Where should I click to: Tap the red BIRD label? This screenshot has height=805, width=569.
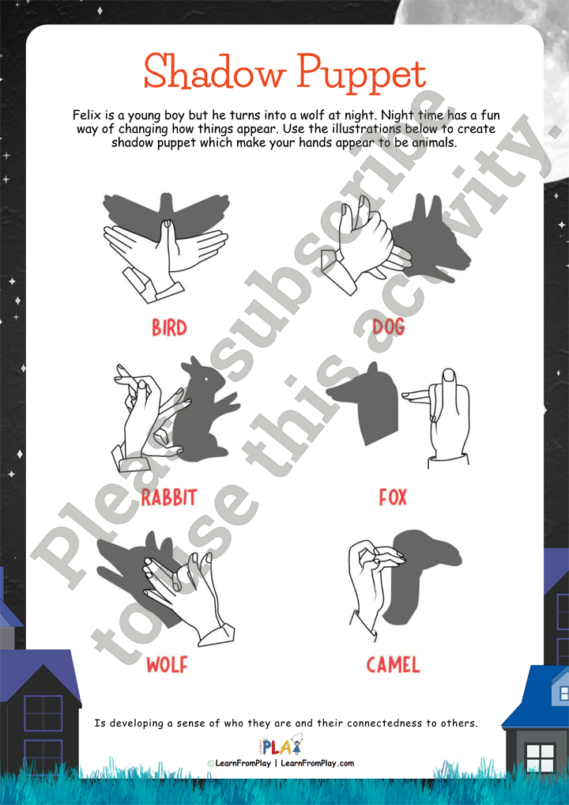click(x=169, y=327)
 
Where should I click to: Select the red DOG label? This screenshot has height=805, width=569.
click(x=388, y=327)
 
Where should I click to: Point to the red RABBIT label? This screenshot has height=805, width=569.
click(x=169, y=497)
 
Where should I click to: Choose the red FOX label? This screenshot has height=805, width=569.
click(x=393, y=497)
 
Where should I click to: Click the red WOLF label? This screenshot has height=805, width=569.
click(x=167, y=665)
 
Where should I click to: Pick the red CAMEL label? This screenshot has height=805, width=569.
click(x=393, y=665)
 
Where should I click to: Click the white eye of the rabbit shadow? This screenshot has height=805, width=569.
click(x=206, y=378)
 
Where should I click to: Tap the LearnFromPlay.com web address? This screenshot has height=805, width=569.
click(x=317, y=763)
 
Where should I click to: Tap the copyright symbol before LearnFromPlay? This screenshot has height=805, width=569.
click(x=210, y=764)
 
